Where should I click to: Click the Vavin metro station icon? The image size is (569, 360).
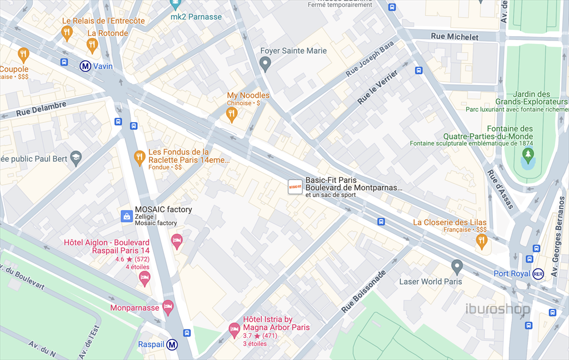click(86, 66)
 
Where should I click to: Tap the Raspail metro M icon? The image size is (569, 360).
click(173, 344)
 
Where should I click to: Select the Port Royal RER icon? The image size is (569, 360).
click(538, 274)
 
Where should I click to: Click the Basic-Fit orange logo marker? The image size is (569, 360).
click(295, 187)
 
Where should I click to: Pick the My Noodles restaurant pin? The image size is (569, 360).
click(232, 114)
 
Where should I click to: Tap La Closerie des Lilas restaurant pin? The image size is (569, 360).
click(481, 241)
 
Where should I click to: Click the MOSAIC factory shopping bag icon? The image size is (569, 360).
click(127, 216)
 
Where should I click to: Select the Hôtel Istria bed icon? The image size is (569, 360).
click(234, 330)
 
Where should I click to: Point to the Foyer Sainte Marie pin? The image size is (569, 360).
click(266, 65)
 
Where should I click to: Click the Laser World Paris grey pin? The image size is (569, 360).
click(457, 267)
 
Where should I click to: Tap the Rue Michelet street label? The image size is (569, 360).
click(454, 37)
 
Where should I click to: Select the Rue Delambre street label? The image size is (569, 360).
click(41, 108)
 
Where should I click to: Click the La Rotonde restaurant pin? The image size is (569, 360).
click(92, 45)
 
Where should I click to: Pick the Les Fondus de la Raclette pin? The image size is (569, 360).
click(139, 158)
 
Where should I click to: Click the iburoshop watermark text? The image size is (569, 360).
click(497, 309)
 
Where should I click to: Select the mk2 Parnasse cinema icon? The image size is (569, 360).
click(175, 4)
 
